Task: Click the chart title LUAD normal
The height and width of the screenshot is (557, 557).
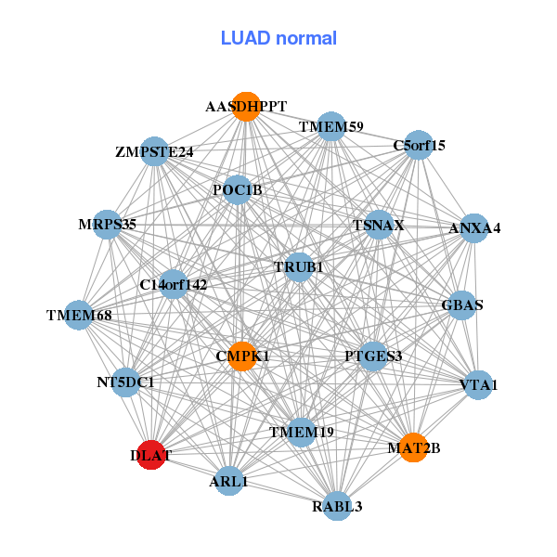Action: coord(278,38)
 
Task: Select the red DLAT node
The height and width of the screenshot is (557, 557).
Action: coord(150,455)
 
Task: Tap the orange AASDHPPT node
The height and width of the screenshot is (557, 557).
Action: coord(246,107)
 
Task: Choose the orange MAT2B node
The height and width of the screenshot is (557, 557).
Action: coord(413,447)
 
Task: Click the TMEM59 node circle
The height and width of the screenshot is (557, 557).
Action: coord(331,125)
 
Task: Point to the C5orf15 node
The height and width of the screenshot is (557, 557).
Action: coord(419,145)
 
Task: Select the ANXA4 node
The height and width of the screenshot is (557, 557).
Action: coord(474,227)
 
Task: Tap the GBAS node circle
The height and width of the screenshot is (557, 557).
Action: coord(462,304)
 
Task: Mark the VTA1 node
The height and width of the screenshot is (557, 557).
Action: coord(478,384)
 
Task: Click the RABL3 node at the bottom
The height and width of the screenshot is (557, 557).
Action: coord(337,506)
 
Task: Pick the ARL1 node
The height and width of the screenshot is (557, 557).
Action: coord(229,482)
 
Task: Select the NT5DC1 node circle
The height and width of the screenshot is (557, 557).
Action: coord(126,382)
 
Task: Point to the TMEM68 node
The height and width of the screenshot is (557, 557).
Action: coord(80,316)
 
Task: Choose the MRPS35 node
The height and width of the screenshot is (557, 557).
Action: coord(108,224)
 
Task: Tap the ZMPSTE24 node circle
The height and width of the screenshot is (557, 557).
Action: coord(154,151)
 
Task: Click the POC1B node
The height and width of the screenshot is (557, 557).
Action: coord(238,190)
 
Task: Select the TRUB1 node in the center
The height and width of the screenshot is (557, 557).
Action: coord(299,267)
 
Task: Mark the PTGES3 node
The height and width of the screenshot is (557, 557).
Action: coord(373,356)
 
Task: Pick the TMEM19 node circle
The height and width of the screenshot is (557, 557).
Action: coord(301,432)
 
